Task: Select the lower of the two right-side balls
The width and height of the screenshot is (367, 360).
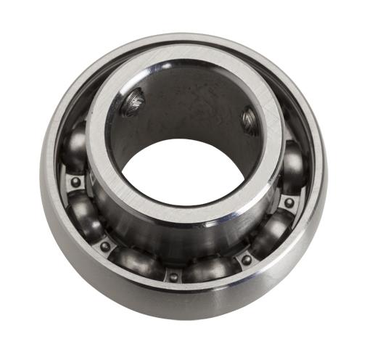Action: point(272,232)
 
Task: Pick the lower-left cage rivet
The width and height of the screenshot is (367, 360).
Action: point(106,246)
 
